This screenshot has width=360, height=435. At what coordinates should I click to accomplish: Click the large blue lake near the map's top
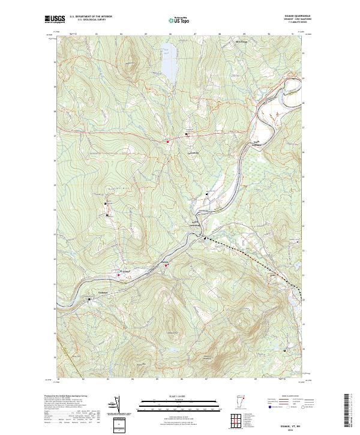coord(169,64)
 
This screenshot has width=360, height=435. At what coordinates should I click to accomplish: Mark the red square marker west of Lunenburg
coord(168,141)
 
